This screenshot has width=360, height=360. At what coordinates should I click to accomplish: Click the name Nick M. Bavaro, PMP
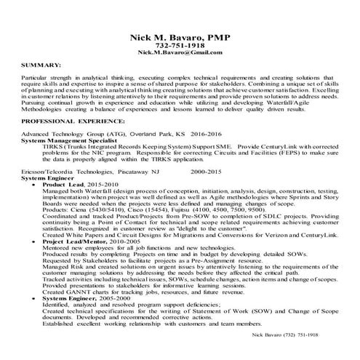tap(179, 36)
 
